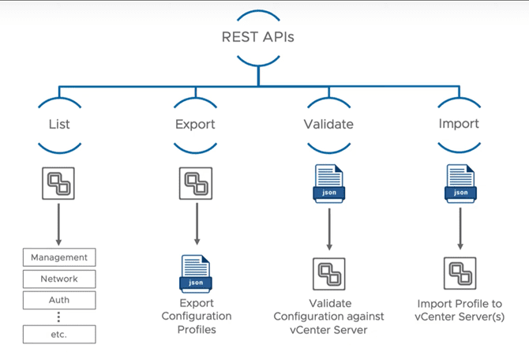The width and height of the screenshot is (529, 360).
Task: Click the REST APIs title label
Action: tap(257, 37)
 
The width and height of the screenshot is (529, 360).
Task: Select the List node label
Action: tap(59, 124)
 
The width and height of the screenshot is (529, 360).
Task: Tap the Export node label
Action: tap(195, 124)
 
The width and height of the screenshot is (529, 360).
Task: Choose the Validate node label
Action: tap(328, 124)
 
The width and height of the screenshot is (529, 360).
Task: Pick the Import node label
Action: tap(459, 124)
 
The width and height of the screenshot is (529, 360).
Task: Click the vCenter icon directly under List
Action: tap(59, 183)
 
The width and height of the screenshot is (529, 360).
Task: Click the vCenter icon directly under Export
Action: tap(195, 183)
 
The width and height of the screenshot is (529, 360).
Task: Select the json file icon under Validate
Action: tap(328, 182)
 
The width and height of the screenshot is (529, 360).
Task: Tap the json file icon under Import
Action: tap(460, 182)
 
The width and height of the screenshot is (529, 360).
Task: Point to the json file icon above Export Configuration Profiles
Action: tap(195, 273)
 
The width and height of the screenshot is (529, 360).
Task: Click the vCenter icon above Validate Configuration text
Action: tap(328, 273)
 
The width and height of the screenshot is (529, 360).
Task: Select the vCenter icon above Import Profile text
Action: tap(460, 273)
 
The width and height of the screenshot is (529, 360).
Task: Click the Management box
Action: tap(59, 257)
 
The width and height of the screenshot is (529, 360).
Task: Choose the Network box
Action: tap(59, 279)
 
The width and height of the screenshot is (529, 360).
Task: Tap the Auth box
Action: tap(59, 300)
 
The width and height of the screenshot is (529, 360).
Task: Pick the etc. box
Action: tap(59, 334)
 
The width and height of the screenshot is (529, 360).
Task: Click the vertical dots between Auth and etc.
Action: tap(59, 317)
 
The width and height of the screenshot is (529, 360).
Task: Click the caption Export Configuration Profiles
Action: tap(195, 316)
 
